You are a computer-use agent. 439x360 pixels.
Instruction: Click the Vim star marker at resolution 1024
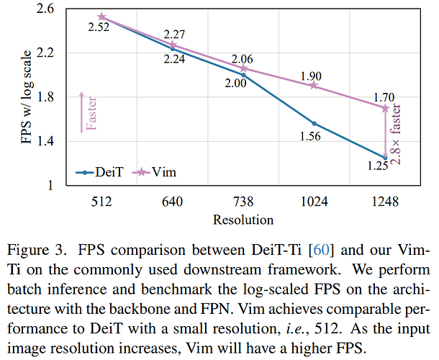[x=314, y=86]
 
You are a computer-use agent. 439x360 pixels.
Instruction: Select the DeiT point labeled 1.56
[x=314, y=124]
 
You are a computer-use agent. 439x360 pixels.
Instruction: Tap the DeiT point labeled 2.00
[x=243, y=75]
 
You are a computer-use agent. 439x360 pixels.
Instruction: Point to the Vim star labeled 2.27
[x=173, y=45]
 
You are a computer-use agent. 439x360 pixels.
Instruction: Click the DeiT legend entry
[x=99, y=172]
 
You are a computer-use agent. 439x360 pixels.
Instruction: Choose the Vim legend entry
[x=154, y=172]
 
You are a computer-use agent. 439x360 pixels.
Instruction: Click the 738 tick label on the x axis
[x=243, y=202]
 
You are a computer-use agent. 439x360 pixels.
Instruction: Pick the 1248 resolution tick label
[x=385, y=202]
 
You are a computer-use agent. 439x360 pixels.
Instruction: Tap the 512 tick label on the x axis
[x=101, y=202]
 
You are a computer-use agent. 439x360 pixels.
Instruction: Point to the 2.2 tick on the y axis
[x=45, y=53]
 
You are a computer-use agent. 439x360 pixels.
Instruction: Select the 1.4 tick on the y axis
[x=45, y=141]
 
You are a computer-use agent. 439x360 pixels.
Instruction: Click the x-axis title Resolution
[x=243, y=220]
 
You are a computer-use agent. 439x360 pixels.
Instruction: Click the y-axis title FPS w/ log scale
[x=26, y=97]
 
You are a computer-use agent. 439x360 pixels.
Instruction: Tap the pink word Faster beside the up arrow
[x=91, y=114]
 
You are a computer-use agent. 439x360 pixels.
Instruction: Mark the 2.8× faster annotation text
[x=395, y=134]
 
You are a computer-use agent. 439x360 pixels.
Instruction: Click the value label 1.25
[x=378, y=166]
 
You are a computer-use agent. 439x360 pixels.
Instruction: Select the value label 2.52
[x=99, y=27]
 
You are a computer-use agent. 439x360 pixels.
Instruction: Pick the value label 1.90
[x=311, y=76]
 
